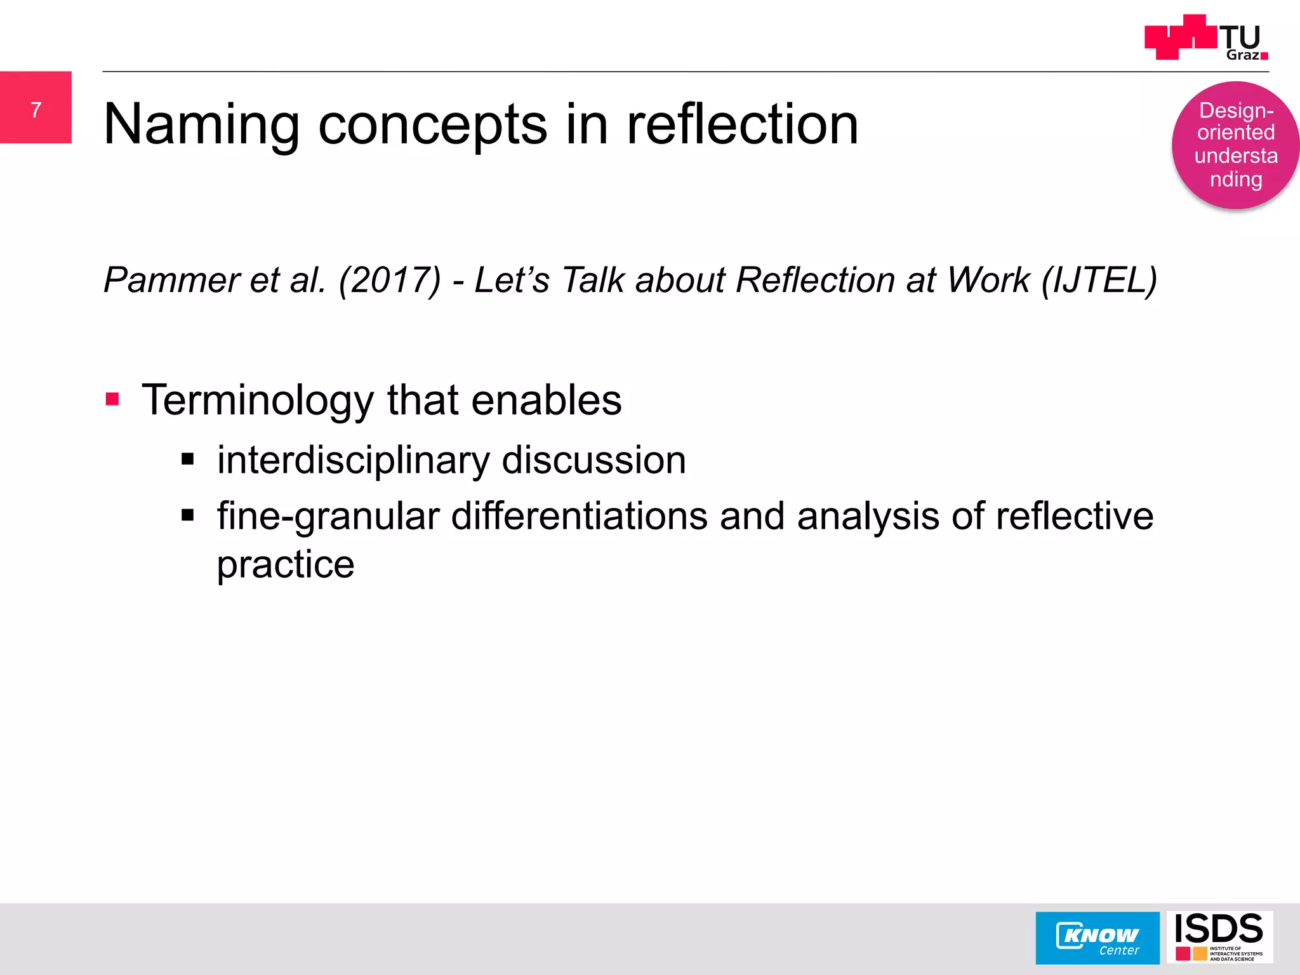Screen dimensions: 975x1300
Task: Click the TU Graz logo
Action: [1206, 38]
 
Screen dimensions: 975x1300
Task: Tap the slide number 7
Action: [36, 110]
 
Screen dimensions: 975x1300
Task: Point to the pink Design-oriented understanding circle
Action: [1235, 145]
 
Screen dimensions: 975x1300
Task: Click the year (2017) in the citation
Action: [389, 280]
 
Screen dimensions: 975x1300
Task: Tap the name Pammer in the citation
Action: [171, 280]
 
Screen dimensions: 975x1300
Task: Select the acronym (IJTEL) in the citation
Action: [1099, 280]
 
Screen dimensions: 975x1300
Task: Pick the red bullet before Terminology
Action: [113, 399]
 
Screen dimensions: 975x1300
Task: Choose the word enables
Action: [547, 401]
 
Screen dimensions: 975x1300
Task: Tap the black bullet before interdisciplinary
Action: [187, 459]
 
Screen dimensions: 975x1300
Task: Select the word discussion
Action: [594, 460]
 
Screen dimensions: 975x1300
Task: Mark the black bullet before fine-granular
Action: [187, 515]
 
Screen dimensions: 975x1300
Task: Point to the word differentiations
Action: [579, 516]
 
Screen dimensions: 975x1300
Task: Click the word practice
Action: [286, 565]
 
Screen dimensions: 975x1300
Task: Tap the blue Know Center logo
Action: [1097, 938]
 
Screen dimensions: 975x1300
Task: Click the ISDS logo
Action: [1219, 937]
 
